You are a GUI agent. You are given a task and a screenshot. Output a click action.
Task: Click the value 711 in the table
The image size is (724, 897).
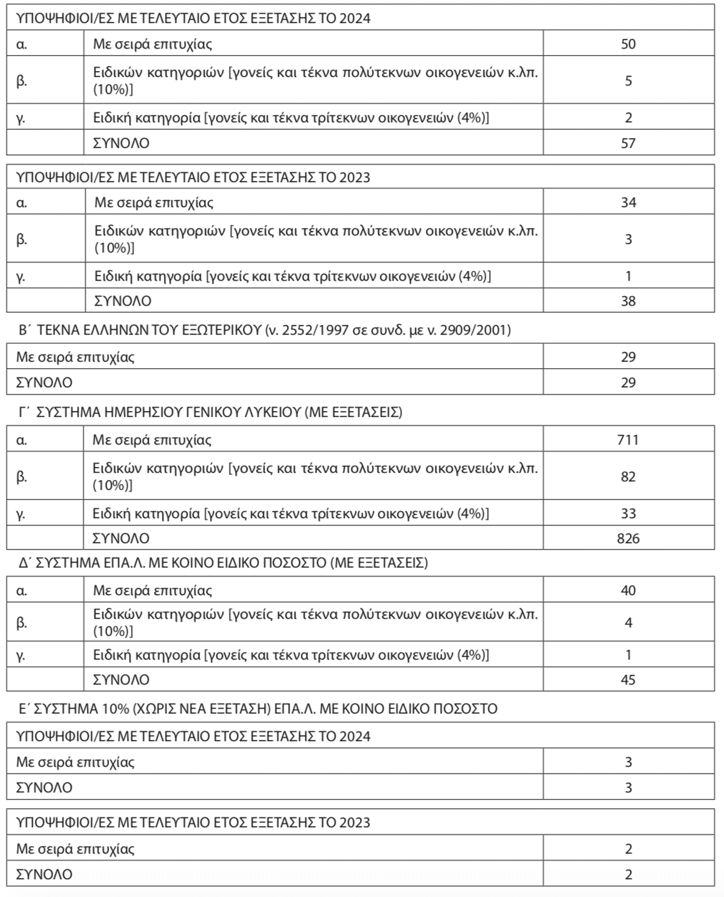pos(628,439)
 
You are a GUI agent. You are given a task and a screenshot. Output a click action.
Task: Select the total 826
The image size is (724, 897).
pos(628,539)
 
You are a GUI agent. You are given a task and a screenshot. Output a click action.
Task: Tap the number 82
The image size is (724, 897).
pos(628,477)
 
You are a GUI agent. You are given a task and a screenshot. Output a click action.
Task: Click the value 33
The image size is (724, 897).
pos(628,514)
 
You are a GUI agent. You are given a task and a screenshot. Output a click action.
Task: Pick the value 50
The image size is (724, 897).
pos(628,44)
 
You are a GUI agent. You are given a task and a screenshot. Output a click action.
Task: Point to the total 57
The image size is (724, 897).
pos(628,143)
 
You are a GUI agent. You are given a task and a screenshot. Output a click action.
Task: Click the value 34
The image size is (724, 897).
pos(628,203)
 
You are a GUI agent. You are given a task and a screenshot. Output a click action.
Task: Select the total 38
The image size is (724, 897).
pos(628,301)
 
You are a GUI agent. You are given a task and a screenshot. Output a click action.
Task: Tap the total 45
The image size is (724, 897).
pos(628,679)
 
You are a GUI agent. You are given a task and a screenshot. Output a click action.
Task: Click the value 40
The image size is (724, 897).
pos(628,591)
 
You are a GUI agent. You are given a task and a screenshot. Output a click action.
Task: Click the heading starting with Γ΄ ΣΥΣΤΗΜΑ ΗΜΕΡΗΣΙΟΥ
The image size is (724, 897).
pos(210,412)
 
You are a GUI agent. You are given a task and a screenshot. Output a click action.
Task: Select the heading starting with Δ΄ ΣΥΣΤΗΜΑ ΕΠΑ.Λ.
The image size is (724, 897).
pos(223,564)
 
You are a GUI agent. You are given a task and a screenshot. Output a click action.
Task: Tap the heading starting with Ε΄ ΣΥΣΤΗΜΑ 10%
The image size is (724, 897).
pos(257,709)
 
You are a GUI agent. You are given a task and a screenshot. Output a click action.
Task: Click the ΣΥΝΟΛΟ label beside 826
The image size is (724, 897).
pos(121,539)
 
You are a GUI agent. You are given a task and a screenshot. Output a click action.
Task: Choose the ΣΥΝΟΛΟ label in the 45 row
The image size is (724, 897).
pos(121,679)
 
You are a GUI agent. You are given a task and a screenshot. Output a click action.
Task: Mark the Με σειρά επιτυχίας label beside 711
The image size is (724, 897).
pos(152,439)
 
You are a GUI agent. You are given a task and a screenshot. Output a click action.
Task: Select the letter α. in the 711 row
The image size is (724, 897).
pos(22,440)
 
